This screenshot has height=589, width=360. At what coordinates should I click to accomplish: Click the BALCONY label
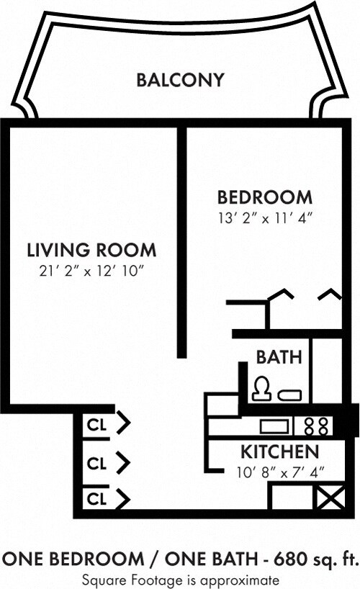tap(180, 79)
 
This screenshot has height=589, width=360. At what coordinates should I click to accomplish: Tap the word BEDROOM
tap(265, 197)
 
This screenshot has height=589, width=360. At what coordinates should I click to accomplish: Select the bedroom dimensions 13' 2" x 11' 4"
tap(265, 216)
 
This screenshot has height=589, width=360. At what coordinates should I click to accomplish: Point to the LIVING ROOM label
tap(91, 251)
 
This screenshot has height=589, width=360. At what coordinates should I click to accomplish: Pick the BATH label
tap(279, 357)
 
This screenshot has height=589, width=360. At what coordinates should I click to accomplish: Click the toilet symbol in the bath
tap(260, 390)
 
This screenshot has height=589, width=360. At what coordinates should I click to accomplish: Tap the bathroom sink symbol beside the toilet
tap(290, 394)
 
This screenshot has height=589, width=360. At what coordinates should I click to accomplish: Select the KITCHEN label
tap(279, 452)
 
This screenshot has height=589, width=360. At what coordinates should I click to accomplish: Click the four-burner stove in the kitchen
tap(315, 426)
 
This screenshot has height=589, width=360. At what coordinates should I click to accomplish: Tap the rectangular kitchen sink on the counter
tap(274, 426)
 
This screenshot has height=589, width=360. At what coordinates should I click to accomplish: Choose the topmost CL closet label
tap(96, 425)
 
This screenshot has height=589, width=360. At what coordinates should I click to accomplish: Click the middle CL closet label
tap(96, 463)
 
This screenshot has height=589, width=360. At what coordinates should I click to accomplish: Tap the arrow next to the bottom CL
tap(123, 498)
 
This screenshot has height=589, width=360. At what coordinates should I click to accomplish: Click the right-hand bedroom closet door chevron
tap(329, 294)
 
